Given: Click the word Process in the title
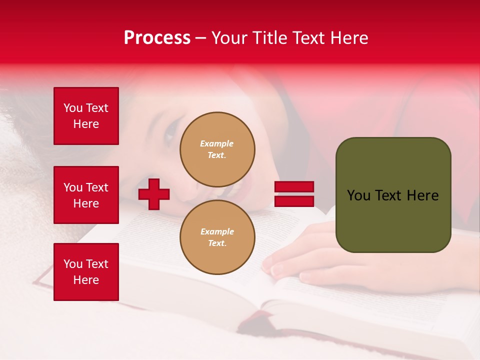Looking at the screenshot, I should click(x=157, y=38).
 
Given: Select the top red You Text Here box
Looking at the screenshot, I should click(x=86, y=116).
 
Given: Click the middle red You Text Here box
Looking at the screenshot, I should click(x=86, y=195).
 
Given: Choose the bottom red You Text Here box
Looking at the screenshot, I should click(x=86, y=272).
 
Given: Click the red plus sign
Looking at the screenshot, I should click(x=154, y=194).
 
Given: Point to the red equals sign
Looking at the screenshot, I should click(x=294, y=194).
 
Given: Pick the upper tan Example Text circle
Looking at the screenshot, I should click(x=217, y=149).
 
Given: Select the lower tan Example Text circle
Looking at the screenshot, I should click(x=217, y=237).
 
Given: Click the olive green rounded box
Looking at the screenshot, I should click(x=393, y=195).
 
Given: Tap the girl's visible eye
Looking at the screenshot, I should click(x=170, y=132).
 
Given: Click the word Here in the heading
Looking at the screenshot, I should click(x=348, y=38).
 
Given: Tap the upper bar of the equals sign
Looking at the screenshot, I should click(x=294, y=187).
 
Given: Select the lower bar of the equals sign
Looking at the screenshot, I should click(x=294, y=201).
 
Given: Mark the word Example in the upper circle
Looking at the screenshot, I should click(x=216, y=143).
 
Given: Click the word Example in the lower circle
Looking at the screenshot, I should click(x=217, y=231).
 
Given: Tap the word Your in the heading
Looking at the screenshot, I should click(x=230, y=38).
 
